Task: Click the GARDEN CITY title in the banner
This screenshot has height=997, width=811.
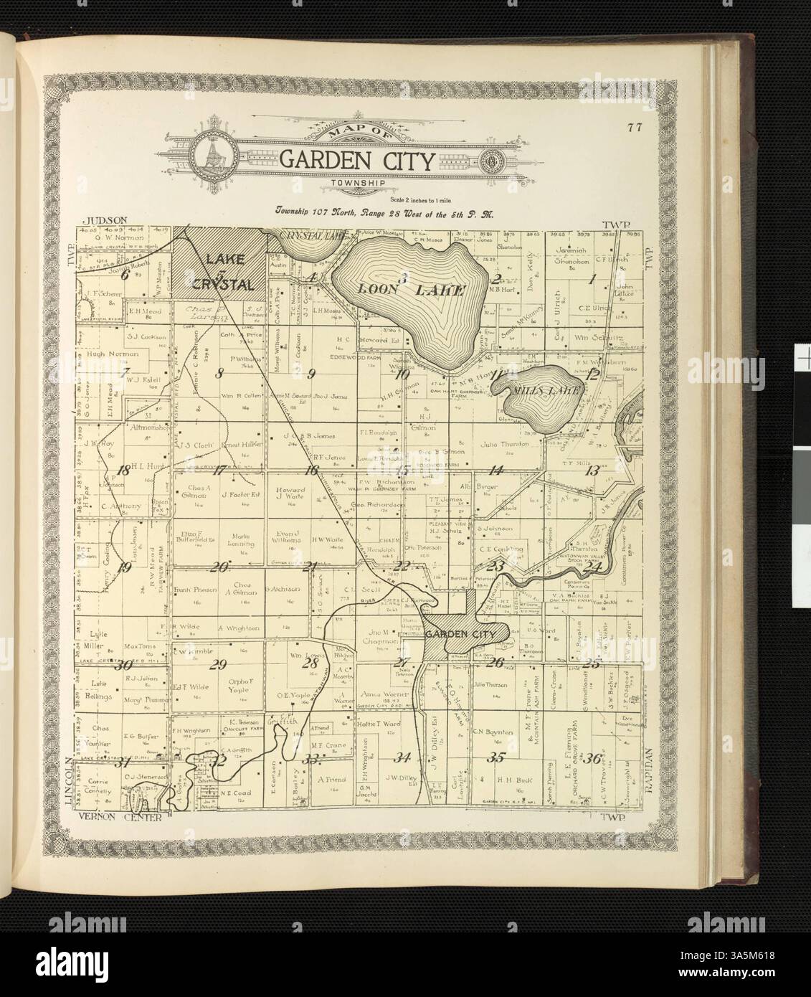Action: click(356, 160)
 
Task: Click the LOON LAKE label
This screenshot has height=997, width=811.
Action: click(406, 290)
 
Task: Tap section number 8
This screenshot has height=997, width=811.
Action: click(220, 372)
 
